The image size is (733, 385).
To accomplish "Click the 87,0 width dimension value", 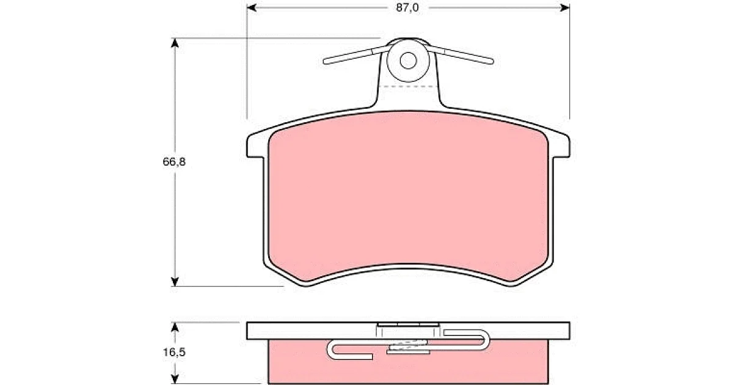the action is pyautogui.click(x=407, y=7).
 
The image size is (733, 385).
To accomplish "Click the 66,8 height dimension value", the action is pyautogui.click(x=174, y=162).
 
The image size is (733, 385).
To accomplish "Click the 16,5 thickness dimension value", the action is pyautogui.click(x=174, y=352).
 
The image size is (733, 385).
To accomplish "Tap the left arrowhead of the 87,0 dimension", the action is pyautogui.click(x=251, y=7).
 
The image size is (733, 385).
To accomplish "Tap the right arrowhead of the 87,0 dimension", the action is pyautogui.click(x=565, y=7).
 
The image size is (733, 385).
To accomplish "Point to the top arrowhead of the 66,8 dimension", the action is pyautogui.click(x=175, y=43).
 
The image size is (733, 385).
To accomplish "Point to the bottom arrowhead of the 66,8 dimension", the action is pyautogui.click(x=175, y=282).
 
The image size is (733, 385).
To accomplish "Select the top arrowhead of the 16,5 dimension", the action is pyautogui.click(x=175, y=328).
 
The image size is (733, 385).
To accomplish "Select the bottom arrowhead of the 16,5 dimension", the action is pyautogui.click(x=175, y=379).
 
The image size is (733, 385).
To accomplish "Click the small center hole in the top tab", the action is pyautogui.click(x=408, y=61).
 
